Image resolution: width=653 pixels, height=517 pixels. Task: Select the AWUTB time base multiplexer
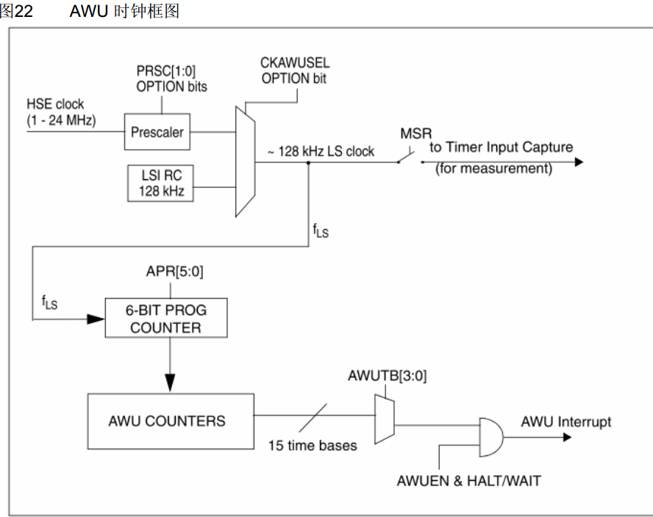click(385, 419)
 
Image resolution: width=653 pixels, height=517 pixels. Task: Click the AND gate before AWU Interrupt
click(491, 437)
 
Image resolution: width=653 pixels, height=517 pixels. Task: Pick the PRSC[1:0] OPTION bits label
click(171, 79)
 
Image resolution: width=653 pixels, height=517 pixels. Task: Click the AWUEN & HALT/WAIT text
click(468, 481)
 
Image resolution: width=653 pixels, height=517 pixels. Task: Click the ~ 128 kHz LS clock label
click(321, 151)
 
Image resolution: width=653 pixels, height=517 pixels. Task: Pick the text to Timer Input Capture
click(501, 148)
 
